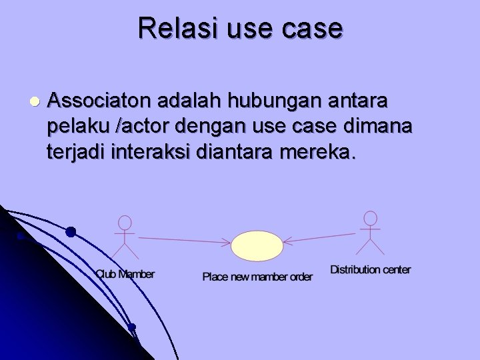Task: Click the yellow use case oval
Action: click(x=257, y=245)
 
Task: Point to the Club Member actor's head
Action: click(x=124, y=223)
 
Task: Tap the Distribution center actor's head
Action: click(x=370, y=218)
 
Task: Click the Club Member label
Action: click(x=125, y=274)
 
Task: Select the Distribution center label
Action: click(x=370, y=270)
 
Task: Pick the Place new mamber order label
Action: click(x=257, y=277)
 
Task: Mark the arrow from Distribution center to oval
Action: click(x=319, y=238)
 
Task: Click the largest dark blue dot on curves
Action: click(x=71, y=232)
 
